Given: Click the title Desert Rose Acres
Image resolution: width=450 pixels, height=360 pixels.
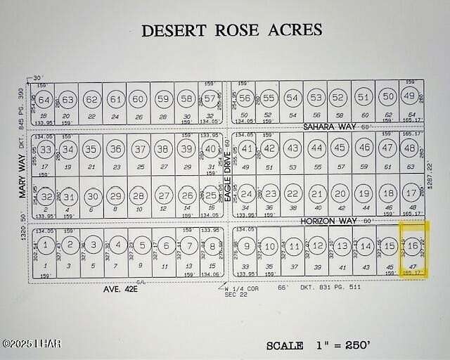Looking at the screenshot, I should point(231,30).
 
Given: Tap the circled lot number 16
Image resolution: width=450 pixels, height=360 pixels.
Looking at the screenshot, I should point(413,245).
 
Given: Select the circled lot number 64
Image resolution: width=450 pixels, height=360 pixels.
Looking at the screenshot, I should point(44,99).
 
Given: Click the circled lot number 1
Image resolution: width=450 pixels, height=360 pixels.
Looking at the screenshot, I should point(45,245).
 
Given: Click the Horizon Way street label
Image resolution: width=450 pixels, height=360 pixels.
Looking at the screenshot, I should point(330,221).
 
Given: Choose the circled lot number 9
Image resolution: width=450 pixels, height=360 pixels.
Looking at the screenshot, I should point(247,246).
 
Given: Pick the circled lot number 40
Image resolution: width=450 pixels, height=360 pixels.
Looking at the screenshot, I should point(210,149).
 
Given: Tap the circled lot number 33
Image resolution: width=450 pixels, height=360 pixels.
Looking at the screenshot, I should point(46,150).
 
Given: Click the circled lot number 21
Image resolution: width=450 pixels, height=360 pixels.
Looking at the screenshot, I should point(317,194).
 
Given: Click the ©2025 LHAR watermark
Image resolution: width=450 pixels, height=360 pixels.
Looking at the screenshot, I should point(32,344).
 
